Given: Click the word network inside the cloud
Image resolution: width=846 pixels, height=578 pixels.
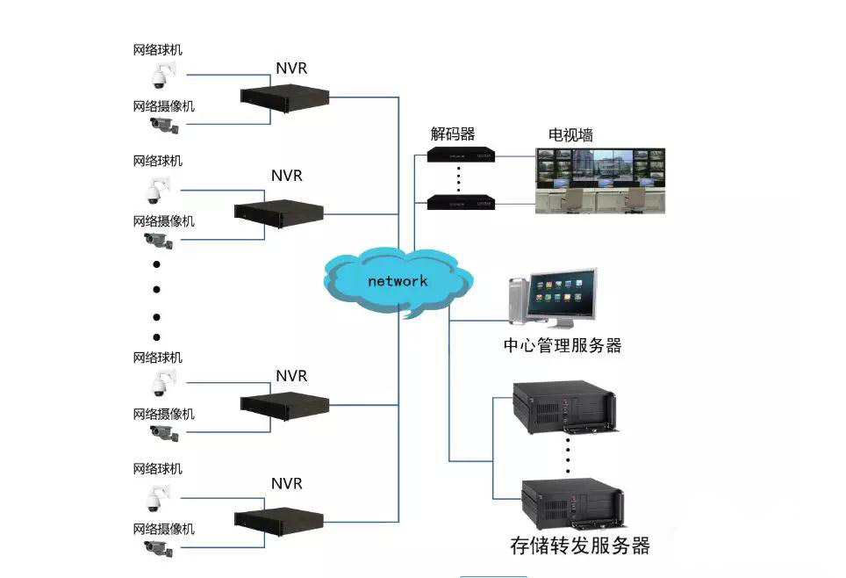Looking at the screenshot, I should pos(398,281).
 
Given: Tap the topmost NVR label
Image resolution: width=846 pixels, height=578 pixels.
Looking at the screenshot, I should pos(291,69).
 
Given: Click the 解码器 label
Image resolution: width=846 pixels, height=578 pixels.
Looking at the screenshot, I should pos(452,134).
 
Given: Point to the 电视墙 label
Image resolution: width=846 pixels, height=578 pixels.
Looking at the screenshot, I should pos(570,134).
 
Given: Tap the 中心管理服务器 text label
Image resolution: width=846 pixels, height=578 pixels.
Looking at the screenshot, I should pos(563,345).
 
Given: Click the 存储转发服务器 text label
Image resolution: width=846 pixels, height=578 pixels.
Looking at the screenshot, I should pos(580,545).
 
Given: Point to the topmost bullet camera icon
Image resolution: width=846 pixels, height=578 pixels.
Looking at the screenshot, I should pos(162,125).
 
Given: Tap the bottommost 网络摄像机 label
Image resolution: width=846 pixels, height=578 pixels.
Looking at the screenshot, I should pos(163,529).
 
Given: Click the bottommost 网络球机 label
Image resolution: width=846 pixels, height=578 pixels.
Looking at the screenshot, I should pos(157,469).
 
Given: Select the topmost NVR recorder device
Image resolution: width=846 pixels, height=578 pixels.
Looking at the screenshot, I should pos(284,97).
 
